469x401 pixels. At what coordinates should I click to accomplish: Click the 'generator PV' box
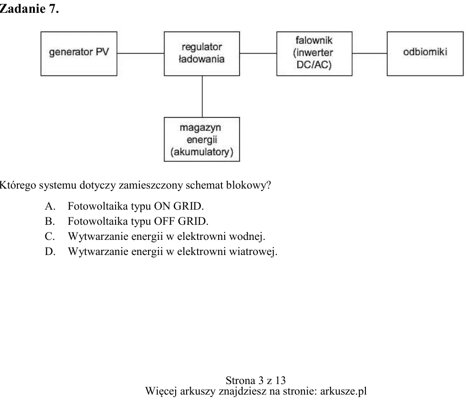pyautogui.click(x=79, y=54)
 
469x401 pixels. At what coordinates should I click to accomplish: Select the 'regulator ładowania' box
pyautogui.click(x=202, y=54)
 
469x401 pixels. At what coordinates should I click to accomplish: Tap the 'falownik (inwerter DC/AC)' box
pyautogui.click(x=315, y=54)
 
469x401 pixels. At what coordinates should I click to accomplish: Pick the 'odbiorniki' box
pyautogui.click(x=425, y=54)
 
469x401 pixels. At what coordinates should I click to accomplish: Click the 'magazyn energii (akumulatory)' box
pyautogui.click(x=202, y=140)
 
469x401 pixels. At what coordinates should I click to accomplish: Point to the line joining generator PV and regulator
pyautogui.click(x=141, y=54)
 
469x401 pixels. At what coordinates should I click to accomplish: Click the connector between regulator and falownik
pyautogui.click(x=258, y=54)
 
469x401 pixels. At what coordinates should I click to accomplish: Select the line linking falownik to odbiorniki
pyautogui.click(x=370, y=54)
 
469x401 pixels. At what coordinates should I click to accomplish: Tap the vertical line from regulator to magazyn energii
pyautogui.click(x=202, y=97)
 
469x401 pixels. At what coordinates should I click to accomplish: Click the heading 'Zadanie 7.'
pyautogui.click(x=29, y=9)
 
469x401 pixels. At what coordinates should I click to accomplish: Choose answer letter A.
pyautogui.click(x=50, y=206)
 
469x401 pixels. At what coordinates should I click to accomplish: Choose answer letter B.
pyautogui.click(x=50, y=221)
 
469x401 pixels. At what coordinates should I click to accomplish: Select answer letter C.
pyautogui.click(x=50, y=237)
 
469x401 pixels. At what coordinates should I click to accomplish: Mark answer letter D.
pyautogui.click(x=50, y=251)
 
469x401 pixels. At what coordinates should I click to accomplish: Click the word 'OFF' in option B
pyautogui.click(x=164, y=221)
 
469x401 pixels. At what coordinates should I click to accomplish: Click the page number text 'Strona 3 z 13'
pyautogui.click(x=256, y=380)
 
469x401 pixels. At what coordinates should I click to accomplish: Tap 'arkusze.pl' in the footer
pyautogui.click(x=343, y=391)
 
